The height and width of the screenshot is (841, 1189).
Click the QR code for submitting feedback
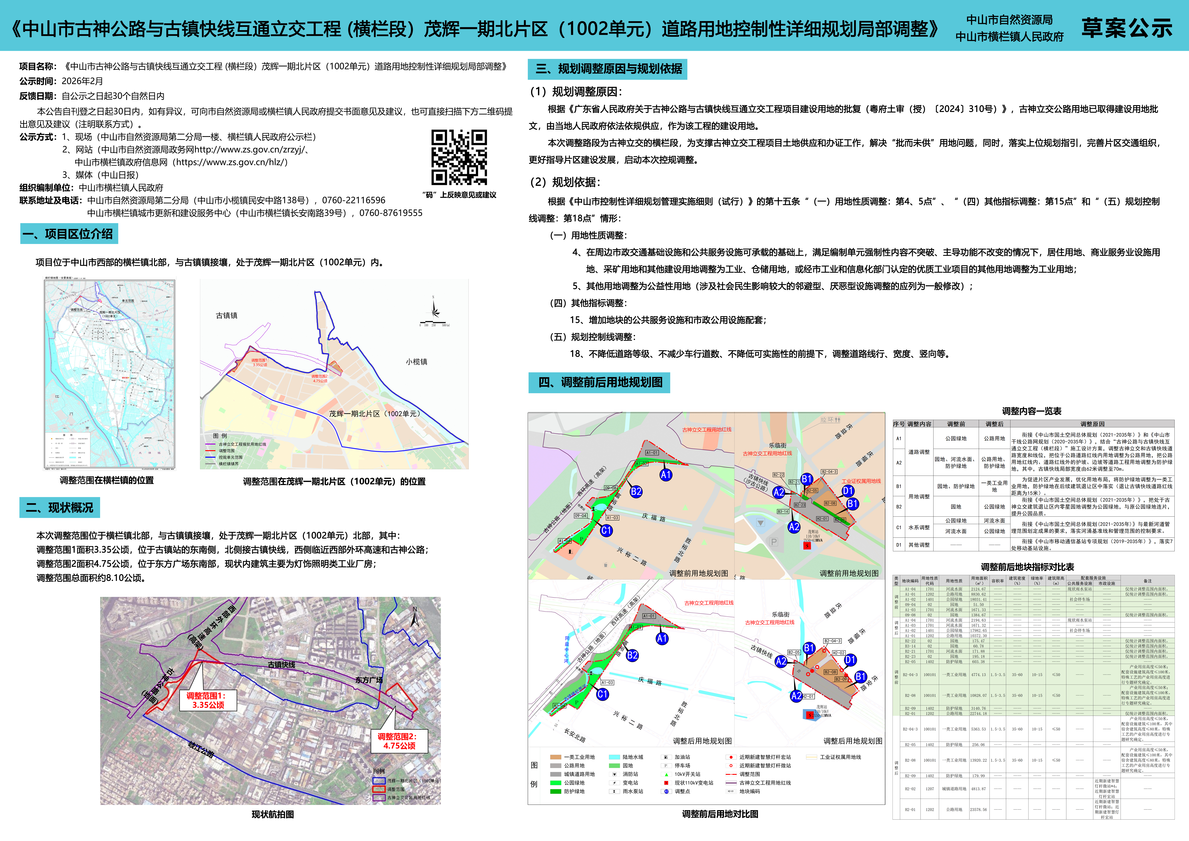[x=459, y=157]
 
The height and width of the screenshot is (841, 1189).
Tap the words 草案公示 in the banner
[x=1126, y=28]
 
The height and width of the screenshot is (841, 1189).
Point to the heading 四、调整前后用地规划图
[x=600, y=383]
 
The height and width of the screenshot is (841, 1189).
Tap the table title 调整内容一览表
[x=1031, y=411]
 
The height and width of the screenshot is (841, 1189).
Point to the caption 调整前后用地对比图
[x=720, y=814]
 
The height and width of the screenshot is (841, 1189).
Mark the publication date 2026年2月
[x=82, y=81]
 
